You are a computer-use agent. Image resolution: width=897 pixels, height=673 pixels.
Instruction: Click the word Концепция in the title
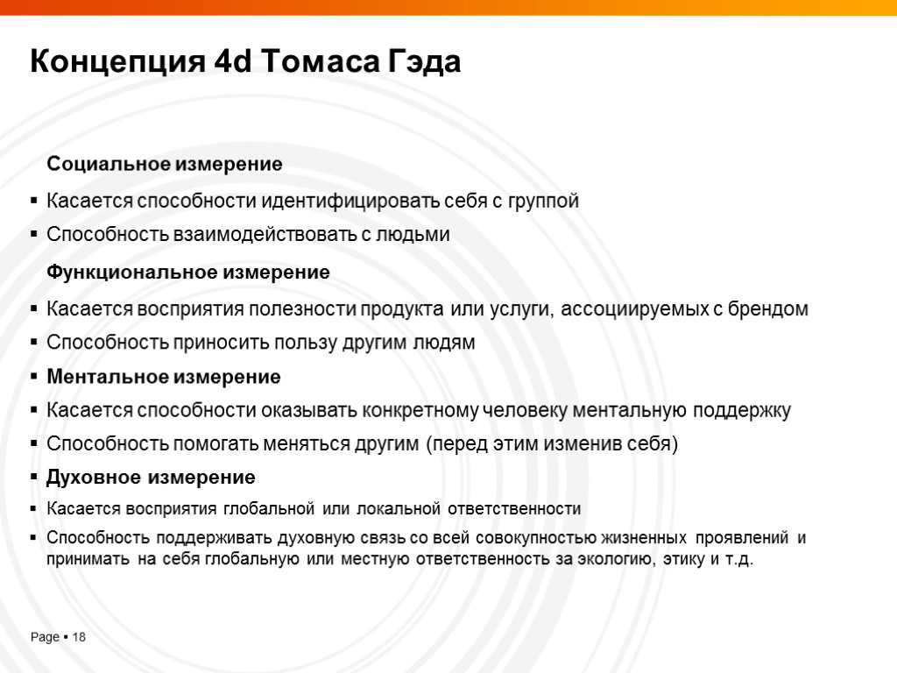(118, 63)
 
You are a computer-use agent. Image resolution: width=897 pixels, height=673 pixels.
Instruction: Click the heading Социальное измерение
(165, 164)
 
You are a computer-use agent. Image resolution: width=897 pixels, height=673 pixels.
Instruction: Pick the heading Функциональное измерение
(188, 273)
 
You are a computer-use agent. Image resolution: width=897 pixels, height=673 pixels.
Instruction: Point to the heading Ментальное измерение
(164, 377)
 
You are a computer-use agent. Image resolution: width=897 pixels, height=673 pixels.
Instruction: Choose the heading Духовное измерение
(151, 478)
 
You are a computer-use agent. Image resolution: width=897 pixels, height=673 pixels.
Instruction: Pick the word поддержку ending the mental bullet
(742, 410)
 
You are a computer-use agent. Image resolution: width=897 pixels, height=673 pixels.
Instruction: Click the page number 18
(79, 637)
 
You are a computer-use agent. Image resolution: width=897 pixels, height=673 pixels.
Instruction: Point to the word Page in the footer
(45, 637)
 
